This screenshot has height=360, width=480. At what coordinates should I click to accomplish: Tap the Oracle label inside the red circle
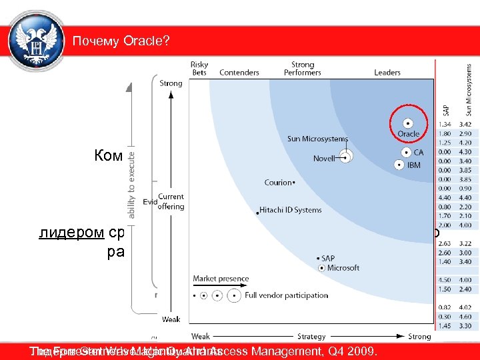pos(408,134)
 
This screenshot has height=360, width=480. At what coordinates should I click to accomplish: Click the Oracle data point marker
pos(407,123)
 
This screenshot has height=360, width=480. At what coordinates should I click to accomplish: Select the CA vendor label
pos(419,153)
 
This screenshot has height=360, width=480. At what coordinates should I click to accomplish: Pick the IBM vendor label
pos(414,165)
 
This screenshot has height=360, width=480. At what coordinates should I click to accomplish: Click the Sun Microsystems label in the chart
pos(317,139)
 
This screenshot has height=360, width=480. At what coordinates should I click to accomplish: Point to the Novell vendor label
pos(324,159)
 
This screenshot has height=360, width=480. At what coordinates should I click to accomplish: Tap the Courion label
pos(278,182)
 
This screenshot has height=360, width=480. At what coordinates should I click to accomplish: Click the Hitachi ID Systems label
pos(291,210)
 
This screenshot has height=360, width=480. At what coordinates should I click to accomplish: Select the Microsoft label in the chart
pos(343,268)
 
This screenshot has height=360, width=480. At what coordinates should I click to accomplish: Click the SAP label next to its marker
pos(328,258)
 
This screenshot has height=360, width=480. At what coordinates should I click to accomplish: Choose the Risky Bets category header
pos(199,69)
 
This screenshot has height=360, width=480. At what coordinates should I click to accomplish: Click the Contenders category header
pos(239,73)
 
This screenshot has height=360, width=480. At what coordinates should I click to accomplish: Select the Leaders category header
pos(387,73)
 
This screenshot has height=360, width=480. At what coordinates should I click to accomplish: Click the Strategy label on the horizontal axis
pos(311,337)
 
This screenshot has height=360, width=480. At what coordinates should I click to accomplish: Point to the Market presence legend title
pos(221,279)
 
